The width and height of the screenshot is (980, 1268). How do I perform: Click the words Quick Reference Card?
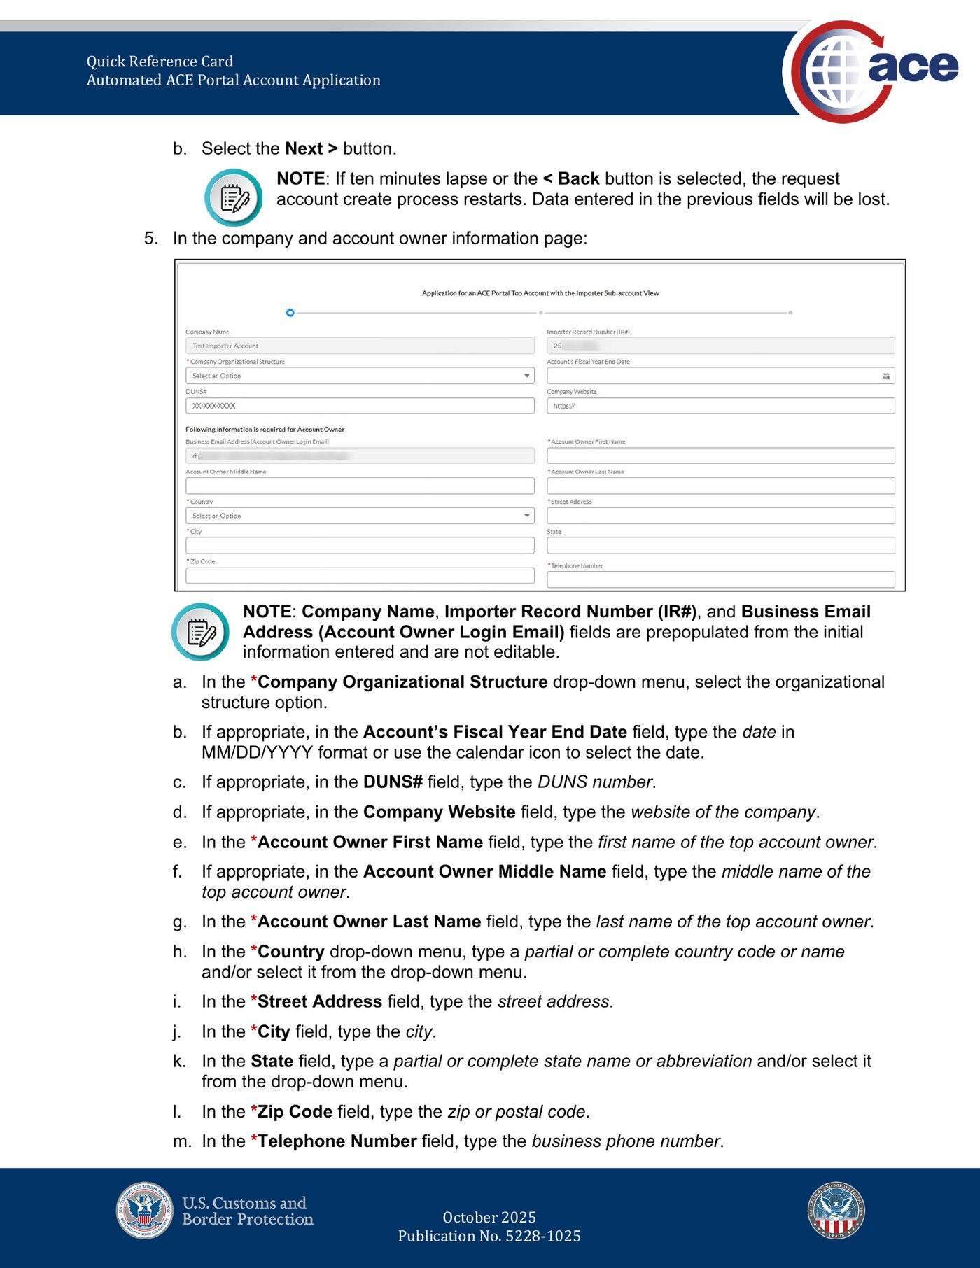160,62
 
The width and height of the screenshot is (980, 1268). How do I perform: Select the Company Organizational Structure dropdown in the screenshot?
359,376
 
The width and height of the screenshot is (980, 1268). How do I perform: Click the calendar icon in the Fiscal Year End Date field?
886,376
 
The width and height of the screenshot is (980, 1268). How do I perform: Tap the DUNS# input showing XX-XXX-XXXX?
359,406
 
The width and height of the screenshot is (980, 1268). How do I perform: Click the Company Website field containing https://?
720,406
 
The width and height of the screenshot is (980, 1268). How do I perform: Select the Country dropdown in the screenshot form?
359,516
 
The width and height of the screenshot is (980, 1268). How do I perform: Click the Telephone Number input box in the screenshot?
720,579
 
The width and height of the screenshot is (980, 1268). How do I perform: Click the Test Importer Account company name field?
359,346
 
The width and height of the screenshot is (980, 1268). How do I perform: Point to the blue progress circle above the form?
290,313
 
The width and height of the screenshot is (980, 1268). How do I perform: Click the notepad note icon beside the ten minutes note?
234,197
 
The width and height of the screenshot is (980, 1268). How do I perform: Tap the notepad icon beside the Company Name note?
200,632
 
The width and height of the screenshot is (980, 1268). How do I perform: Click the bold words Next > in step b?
311,148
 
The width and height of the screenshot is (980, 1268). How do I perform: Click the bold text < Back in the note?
571,178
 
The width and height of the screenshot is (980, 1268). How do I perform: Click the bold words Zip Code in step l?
295,1111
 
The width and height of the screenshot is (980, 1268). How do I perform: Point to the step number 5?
150,239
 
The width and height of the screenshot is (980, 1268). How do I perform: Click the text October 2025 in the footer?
489,1217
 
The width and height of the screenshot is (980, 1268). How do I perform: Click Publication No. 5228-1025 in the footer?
489,1236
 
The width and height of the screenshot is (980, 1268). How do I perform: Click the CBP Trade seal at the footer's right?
836,1211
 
